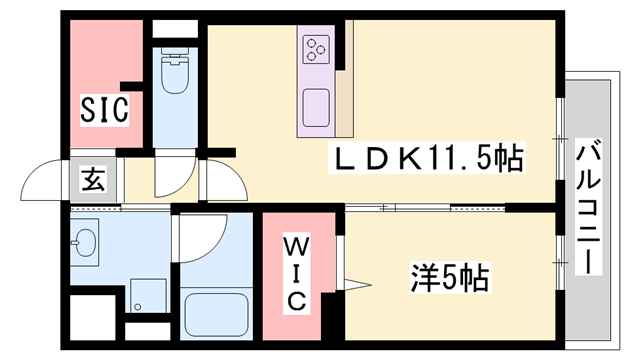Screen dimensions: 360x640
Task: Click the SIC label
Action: click(104, 111)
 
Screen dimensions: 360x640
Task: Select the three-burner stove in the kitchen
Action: click(317, 46)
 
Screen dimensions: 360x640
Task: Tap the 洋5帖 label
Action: click(449, 277)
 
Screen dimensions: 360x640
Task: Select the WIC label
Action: click(297, 272)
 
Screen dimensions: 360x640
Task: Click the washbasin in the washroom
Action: click(84, 242)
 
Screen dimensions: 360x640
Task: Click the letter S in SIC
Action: click(88, 111)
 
